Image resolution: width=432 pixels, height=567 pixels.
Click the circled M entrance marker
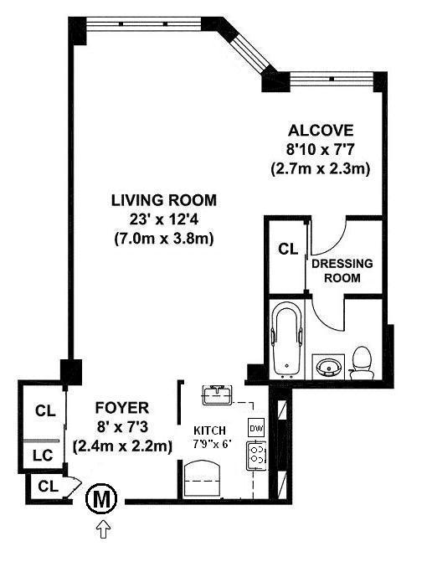(101, 499)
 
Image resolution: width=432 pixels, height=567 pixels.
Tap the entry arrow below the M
(104, 529)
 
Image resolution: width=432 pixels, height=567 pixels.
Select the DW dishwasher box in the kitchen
(256, 429)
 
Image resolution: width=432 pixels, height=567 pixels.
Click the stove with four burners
(256, 455)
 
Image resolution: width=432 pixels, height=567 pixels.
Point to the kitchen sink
(217, 394)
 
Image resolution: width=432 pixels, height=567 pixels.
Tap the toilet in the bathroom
(361, 363)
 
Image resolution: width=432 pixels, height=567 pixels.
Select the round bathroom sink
(328, 366)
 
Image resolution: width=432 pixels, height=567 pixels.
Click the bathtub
(288, 339)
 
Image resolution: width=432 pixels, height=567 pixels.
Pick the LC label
(43, 455)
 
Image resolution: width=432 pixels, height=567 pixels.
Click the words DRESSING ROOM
(342, 271)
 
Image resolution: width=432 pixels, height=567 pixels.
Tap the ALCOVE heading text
(321, 130)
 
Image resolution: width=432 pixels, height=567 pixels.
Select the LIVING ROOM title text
(164, 200)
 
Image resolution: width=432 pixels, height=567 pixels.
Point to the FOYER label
(122, 408)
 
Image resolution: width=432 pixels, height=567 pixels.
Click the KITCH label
(209, 430)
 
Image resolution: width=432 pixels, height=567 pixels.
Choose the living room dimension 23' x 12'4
(163, 219)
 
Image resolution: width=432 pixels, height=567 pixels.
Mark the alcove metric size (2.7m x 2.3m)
(321, 168)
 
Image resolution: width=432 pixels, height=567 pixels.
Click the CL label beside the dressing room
(288, 249)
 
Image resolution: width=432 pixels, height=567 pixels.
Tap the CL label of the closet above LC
(45, 410)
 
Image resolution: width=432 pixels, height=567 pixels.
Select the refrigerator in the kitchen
(202, 478)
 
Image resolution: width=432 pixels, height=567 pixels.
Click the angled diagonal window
(249, 50)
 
